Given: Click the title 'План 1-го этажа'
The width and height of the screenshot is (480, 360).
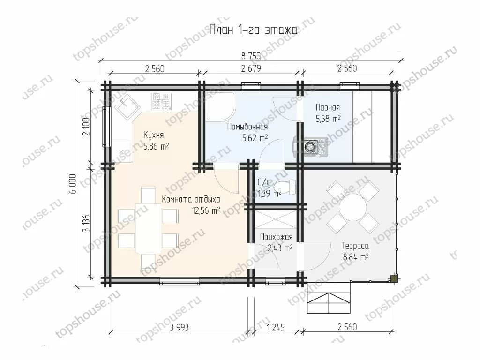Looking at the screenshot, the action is click(x=253, y=30).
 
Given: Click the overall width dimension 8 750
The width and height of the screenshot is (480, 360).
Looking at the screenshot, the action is click(x=251, y=56).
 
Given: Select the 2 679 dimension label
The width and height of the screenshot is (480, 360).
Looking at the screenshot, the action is click(x=251, y=68).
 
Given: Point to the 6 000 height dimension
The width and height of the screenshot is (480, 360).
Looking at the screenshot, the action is click(x=73, y=184).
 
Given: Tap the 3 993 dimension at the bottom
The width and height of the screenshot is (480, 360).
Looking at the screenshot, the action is click(x=180, y=328).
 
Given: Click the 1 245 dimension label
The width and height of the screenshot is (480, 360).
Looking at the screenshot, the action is click(x=276, y=328).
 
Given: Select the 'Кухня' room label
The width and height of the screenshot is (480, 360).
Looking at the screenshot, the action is click(x=154, y=135).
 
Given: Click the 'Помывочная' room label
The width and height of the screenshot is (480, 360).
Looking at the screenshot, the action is click(x=247, y=127).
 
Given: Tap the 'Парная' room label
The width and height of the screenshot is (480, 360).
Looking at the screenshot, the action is click(x=328, y=107).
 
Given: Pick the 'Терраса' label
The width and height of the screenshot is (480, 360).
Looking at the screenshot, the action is click(x=355, y=246).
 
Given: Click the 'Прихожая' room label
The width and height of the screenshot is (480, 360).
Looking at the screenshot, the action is click(x=276, y=237).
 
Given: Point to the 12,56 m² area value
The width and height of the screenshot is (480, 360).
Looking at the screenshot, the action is click(x=206, y=210).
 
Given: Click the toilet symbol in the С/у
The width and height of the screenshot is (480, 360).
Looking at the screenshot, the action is click(x=285, y=187).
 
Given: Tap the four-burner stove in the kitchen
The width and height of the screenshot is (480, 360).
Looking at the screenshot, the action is click(x=161, y=102).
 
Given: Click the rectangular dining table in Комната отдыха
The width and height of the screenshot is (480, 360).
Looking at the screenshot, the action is click(x=148, y=228).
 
